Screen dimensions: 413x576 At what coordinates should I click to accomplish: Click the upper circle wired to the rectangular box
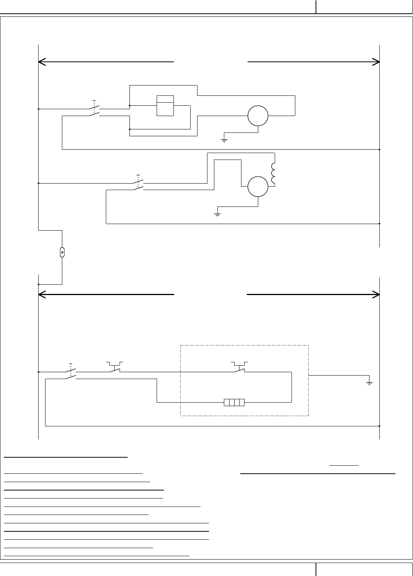258,116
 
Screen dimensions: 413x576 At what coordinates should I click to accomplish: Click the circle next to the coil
258,187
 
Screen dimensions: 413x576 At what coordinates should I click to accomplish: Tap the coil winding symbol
273,173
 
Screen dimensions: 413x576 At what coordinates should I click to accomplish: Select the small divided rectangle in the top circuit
165,105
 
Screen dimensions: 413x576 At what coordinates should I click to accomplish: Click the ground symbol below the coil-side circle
217,214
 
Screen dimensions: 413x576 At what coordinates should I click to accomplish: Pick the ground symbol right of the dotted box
369,383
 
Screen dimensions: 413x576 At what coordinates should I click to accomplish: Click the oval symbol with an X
62,252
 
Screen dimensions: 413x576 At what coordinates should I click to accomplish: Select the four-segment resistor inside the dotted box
234,402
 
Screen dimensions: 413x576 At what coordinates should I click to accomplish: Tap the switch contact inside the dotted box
240,368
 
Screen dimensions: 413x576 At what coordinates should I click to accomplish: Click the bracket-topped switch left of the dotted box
114,368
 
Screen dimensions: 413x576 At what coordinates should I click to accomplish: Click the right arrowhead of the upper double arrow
377,61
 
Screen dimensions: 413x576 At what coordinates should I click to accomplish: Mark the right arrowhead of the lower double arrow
377,295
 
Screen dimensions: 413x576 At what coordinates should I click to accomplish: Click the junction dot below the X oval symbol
39,284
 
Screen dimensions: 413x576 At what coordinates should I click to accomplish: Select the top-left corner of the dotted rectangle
180,345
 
